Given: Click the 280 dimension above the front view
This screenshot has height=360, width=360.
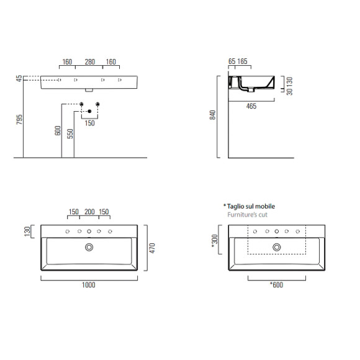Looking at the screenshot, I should (x=89, y=62).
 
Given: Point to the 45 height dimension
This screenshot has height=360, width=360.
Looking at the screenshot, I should (x=19, y=79).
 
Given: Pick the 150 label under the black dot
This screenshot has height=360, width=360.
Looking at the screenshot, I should (x=89, y=124).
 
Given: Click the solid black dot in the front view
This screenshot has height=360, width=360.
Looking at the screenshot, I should (x=90, y=111).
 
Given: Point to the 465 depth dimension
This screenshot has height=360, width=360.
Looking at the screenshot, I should (x=251, y=107).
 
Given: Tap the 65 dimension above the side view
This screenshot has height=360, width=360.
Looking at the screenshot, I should (x=232, y=62).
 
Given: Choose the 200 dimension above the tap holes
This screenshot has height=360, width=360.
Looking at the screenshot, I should (x=89, y=212).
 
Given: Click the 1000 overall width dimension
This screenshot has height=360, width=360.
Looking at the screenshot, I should (x=89, y=285).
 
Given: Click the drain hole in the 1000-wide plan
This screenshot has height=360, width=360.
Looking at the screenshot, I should (x=90, y=247).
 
